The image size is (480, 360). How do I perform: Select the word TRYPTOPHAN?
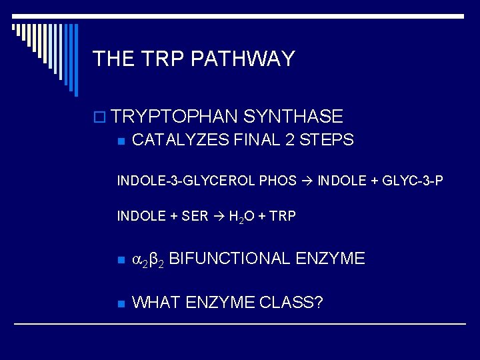point(175,117)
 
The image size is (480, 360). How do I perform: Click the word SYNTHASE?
point(293,117)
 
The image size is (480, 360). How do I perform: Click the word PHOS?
point(278,181)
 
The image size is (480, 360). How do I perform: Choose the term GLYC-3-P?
point(411,181)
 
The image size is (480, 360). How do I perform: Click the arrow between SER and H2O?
point(218,217)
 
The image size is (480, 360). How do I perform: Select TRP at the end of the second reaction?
point(283,217)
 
